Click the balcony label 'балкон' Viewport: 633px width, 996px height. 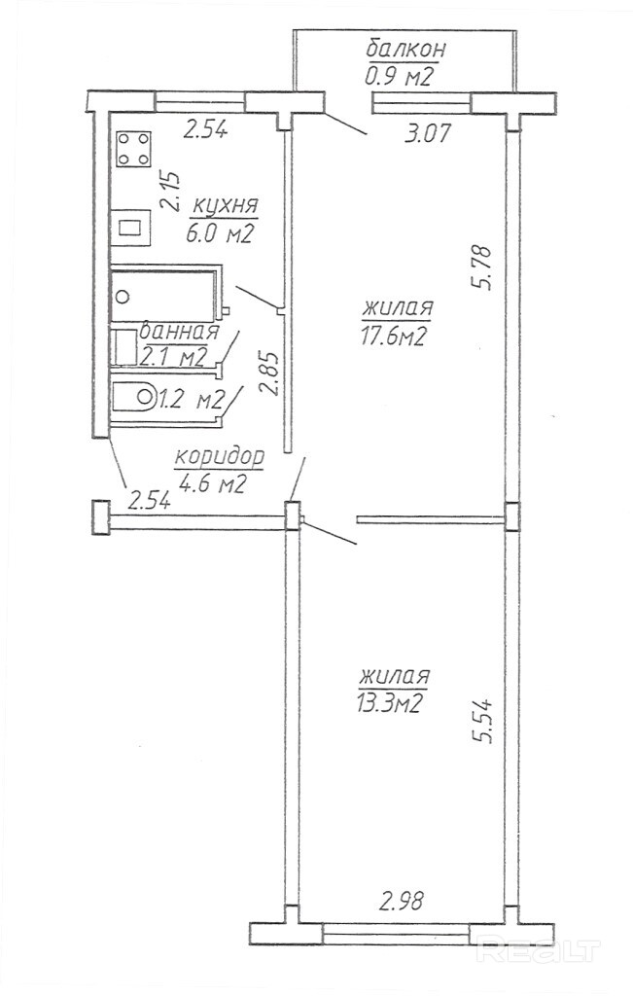click(405, 50)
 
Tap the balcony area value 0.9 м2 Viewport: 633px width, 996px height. click(399, 77)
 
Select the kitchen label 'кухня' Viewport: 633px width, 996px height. click(225, 206)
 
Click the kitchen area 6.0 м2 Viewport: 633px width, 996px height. click(223, 233)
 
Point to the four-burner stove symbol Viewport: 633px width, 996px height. click(134, 150)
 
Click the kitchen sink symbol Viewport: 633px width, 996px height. click(130, 228)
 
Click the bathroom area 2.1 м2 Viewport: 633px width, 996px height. click(174, 356)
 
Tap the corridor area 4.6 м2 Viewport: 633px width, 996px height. click(211, 483)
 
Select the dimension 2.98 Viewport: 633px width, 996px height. click(402, 900)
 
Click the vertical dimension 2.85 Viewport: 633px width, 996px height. click(272, 372)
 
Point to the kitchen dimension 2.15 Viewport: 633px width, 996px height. click(171, 191)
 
